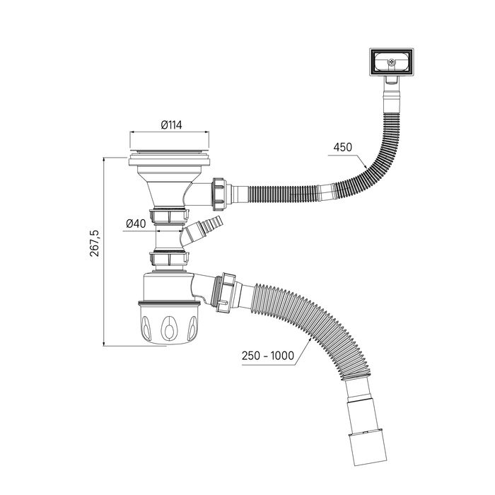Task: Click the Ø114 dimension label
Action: pyautogui.click(x=171, y=124)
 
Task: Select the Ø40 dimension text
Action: pyautogui.click(x=135, y=223)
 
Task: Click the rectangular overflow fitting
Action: pyautogui.click(x=390, y=63)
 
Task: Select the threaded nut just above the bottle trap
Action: pyautogui.click(x=169, y=258)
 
